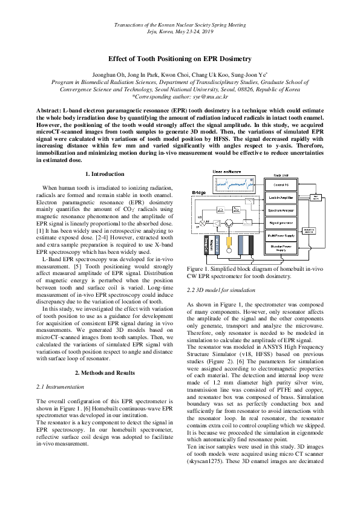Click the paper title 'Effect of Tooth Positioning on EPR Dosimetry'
point(180,59)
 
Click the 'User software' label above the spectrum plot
point(229,172)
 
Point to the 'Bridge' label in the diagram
point(199,193)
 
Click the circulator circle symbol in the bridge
point(229,223)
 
